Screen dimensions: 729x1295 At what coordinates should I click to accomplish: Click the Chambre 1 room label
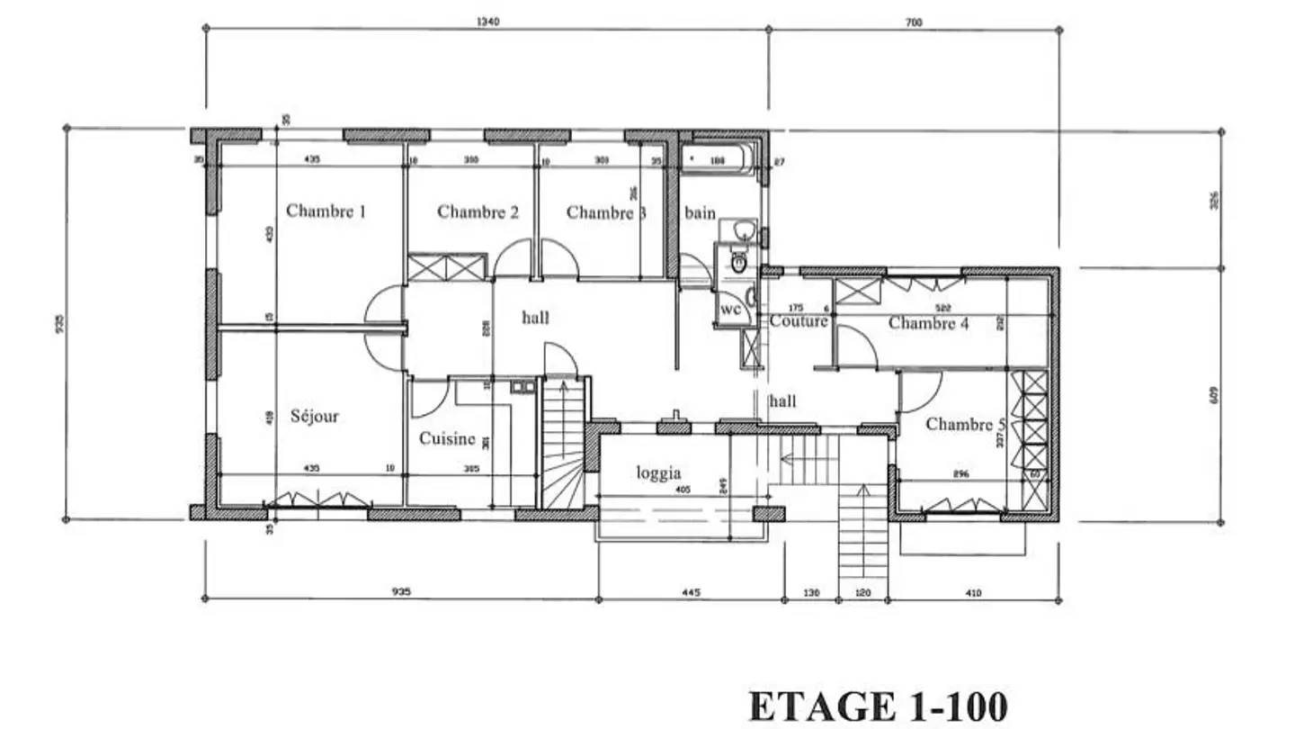(326, 211)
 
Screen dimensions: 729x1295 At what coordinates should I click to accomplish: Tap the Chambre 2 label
(478, 212)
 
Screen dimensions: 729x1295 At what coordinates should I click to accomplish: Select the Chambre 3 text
(606, 213)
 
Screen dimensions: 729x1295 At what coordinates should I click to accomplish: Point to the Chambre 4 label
(928, 324)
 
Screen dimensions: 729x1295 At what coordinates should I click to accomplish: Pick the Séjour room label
(315, 417)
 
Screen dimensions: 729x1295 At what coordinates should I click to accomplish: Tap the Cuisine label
(447, 439)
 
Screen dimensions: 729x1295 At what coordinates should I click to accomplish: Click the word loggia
(658, 473)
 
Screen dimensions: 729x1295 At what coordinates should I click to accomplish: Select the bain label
(701, 213)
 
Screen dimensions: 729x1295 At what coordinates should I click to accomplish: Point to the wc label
(729, 309)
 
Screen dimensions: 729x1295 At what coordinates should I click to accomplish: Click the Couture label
(799, 321)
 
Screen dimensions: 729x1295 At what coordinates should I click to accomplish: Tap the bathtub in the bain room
(717, 160)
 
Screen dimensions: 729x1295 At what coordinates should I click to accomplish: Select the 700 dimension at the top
(914, 22)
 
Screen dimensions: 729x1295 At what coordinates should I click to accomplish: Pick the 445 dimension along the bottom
(691, 592)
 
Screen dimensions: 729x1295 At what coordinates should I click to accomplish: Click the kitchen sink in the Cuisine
(521, 388)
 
